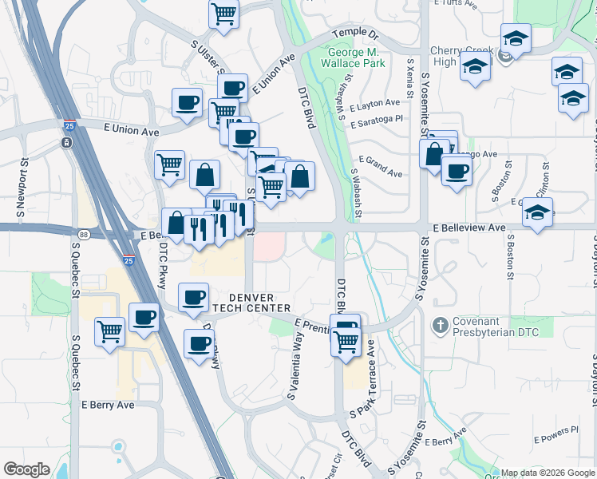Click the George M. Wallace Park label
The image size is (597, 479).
[x=355, y=57]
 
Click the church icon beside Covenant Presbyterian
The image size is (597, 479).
[x=438, y=325]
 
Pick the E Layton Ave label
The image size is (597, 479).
[x=374, y=103]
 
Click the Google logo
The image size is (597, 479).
[x=26, y=469]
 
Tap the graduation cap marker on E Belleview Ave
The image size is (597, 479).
[x=538, y=212]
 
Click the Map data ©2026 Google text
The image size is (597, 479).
[x=548, y=473]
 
